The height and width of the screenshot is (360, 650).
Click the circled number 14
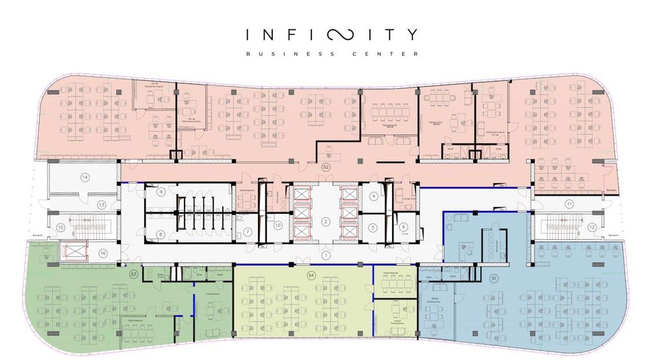(x=84, y=177)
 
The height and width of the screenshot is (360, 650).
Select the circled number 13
(x=101, y=205)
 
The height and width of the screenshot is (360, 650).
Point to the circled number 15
(x=60, y=227)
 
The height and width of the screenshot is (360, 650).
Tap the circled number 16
(x=102, y=253)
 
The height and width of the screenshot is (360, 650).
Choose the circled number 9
(x=161, y=192)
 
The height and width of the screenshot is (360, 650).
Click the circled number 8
(x=161, y=234)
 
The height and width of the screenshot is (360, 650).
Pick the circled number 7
(x=248, y=233)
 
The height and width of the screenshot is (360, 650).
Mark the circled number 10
(x=278, y=225)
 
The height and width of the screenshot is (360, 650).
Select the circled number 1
(x=325, y=255)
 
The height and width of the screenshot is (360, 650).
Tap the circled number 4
(x=374, y=196)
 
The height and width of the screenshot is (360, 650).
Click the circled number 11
(x=569, y=204)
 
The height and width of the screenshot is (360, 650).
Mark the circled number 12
(x=592, y=227)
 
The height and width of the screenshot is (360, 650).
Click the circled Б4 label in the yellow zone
(x=311, y=276)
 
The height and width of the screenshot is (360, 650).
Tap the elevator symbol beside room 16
(x=73, y=250)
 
